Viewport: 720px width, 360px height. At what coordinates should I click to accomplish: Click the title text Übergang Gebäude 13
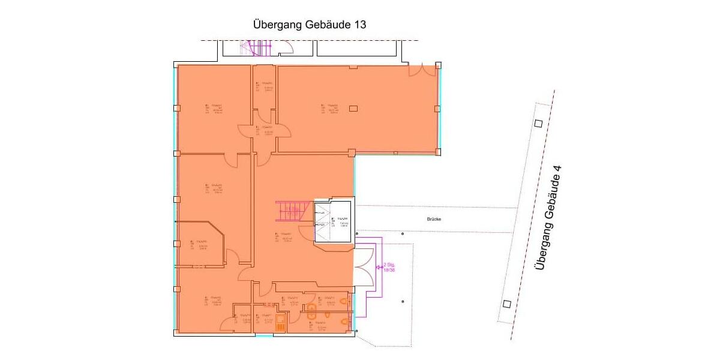pyautogui.click(x=310, y=25)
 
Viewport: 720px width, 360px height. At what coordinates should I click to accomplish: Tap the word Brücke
pyautogui.click(x=434, y=220)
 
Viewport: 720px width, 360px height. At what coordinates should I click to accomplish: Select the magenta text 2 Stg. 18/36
pyautogui.click(x=389, y=267)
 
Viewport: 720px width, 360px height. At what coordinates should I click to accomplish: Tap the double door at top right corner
pyautogui.click(x=424, y=70)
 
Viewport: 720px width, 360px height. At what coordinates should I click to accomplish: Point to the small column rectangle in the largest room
pyautogui.click(x=353, y=108)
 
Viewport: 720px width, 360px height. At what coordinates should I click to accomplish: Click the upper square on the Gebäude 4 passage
pyautogui.click(x=538, y=124)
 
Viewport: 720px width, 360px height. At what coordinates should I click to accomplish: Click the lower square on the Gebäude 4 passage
pyautogui.click(x=507, y=304)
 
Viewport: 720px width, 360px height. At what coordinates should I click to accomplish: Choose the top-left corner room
pyautogui.click(x=214, y=108)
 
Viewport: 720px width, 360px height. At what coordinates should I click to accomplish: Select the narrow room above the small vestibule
pyautogui.click(x=265, y=87)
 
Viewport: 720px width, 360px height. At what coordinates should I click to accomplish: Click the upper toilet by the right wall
pyautogui.click(x=344, y=299)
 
